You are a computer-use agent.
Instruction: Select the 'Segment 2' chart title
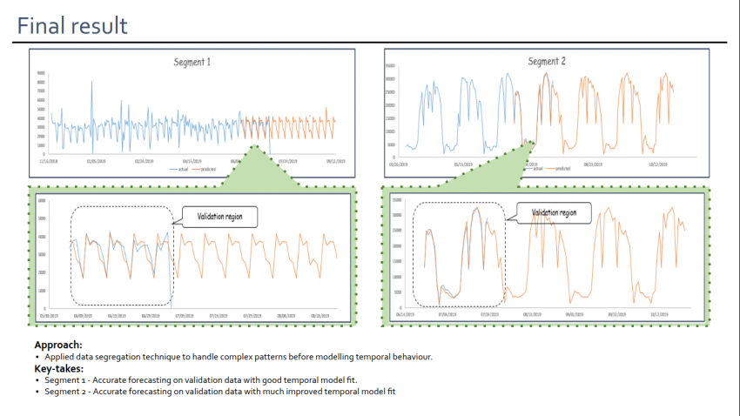tap(547, 62)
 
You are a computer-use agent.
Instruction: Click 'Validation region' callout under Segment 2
tap(555, 211)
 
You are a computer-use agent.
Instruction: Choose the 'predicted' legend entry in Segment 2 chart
tap(563, 169)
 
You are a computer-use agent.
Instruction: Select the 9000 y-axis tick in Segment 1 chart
tap(41, 74)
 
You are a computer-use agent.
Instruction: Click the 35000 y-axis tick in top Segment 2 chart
tap(391, 65)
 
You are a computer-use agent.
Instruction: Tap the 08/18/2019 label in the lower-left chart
tap(321, 316)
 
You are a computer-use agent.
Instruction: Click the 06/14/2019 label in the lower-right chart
tap(405, 315)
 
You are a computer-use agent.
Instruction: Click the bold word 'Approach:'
tap(58, 345)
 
